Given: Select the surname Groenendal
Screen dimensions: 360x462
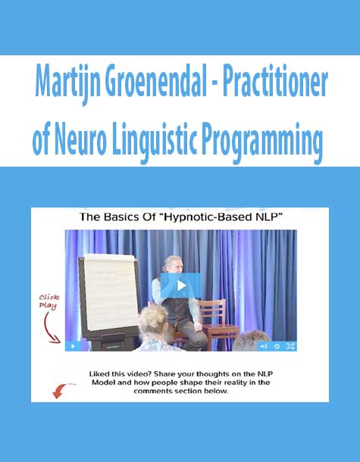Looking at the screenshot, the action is pyautogui.click(x=155, y=81).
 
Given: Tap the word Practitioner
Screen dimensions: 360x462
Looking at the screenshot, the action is pyautogui.click(x=275, y=81).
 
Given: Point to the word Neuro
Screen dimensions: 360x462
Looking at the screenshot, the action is pyautogui.click(x=80, y=139).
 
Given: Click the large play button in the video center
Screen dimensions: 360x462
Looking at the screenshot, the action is pyautogui.click(x=180, y=286).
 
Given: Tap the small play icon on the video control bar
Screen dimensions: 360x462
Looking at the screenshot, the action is pyautogui.click(x=74, y=346).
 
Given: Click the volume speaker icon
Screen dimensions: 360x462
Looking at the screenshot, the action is pyautogui.click(x=263, y=346).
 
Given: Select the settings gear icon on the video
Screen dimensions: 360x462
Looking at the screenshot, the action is pyautogui.click(x=277, y=347).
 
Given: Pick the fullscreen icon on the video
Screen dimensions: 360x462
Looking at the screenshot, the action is pyautogui.click(x=290, y=347).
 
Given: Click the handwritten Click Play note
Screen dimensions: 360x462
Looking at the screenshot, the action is pyautogui.click(x=49, y=301).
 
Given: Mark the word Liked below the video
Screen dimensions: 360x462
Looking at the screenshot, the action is pyautogui.click(x=99, y=374).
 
